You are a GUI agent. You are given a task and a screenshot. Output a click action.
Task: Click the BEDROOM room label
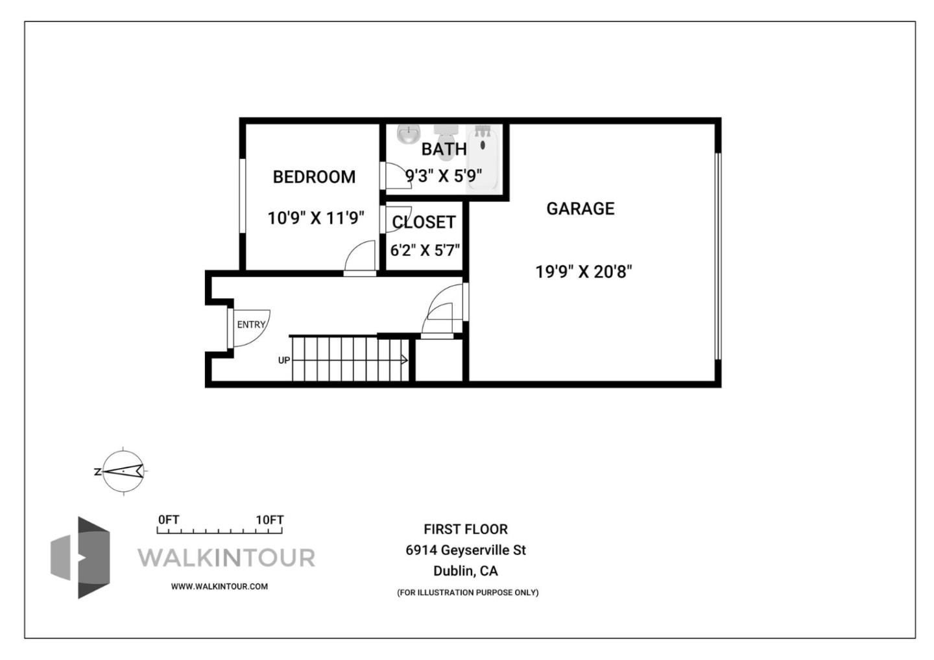pos(314,177)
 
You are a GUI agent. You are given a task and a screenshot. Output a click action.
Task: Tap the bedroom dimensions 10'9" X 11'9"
pos(316,218)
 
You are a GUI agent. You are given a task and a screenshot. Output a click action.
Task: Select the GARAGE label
pos(580,209)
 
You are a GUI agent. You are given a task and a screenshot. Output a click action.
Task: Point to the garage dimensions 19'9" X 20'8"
pos(583,271)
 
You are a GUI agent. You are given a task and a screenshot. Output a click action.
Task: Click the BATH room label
pos(444,149)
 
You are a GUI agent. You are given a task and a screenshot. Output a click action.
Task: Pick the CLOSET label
pos(424,222)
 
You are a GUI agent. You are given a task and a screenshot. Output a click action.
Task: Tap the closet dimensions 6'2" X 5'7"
pos(425,250)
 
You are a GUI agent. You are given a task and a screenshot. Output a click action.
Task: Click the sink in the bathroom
pos(408,135)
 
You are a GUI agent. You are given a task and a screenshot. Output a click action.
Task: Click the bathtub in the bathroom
pos(483,159)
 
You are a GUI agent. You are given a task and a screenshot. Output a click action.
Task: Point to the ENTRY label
pos(251,324)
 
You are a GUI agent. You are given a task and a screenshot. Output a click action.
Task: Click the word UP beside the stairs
pos(284,360)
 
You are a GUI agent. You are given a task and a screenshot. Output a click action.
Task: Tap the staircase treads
pos(350,359)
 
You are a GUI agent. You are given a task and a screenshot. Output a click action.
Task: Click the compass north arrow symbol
pos(123,471)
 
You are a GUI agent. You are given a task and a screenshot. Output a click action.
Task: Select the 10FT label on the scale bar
pos(269,520)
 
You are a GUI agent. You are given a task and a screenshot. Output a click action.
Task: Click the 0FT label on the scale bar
pos(169,520)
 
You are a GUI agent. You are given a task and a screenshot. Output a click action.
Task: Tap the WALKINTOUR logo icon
pos(80,558)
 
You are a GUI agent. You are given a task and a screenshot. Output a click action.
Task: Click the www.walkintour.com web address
pos(219,587)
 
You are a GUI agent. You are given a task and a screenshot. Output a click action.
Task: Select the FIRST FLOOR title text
pos(466,530)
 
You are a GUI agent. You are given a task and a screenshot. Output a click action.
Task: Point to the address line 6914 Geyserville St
pos(466,550)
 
